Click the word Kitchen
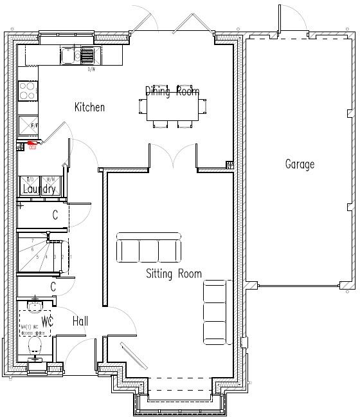[89, 107]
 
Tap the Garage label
[300, 164]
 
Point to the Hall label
[80, 320]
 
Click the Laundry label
[39, 189]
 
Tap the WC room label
[46, 320]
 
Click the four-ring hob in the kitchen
[28, 91]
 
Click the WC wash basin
[35, 306]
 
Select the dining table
[171, 108]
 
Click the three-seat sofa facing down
[148, 248]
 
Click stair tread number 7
[32, 241]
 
